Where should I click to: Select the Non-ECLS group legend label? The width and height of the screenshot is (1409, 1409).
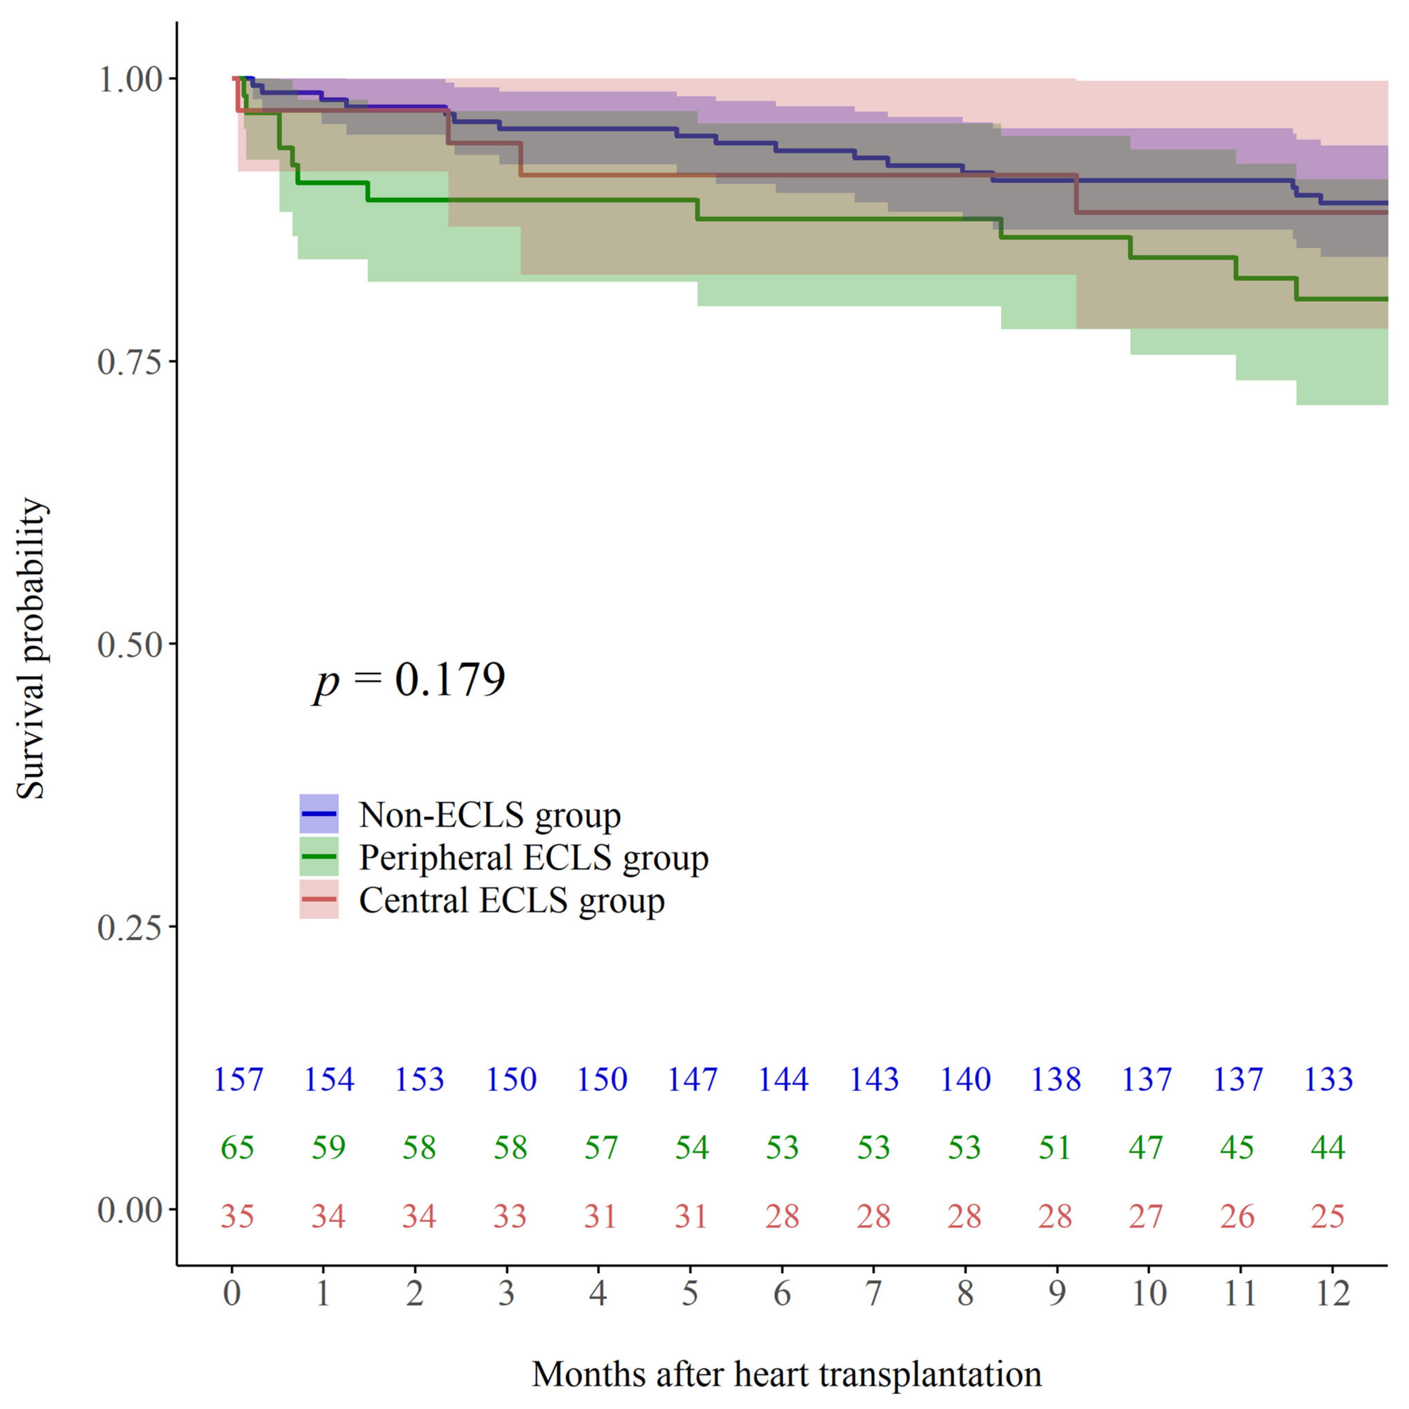tap(489, 815)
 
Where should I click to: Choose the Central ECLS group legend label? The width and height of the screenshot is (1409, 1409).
tap(511, 901)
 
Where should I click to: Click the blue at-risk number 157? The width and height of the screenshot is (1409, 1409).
tap(238, 1079)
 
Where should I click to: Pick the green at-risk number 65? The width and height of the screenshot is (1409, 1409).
tap(238, 1148)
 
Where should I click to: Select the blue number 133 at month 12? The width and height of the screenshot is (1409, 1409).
tap(1328, 1079)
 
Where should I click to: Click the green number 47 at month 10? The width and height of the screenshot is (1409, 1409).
tap(1146, 1148)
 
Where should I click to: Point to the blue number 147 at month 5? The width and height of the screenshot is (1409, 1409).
tap(692, 1079)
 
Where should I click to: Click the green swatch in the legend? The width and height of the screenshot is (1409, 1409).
tap(319, 857)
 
